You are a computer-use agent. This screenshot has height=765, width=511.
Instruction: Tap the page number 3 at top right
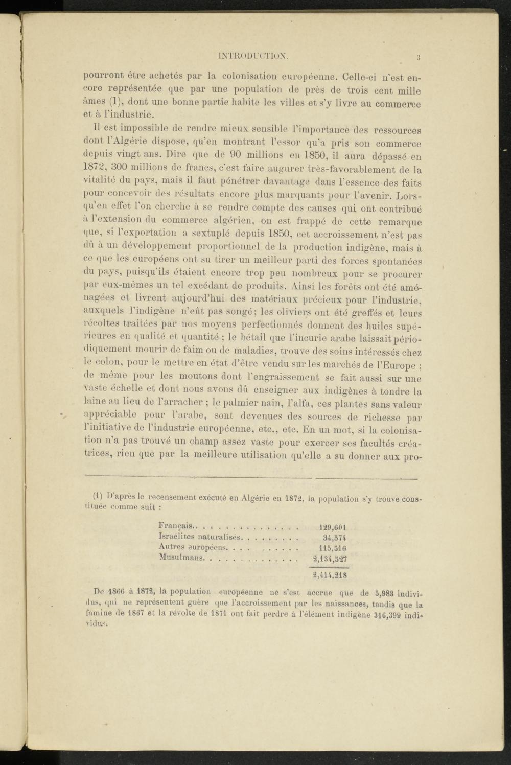coord(417,57)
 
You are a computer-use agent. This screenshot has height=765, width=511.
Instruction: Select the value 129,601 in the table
coord(333,527)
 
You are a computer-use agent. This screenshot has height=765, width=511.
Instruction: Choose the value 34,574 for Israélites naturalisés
coord(335,538)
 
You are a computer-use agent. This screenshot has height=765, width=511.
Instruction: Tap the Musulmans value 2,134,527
coord(330,558)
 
